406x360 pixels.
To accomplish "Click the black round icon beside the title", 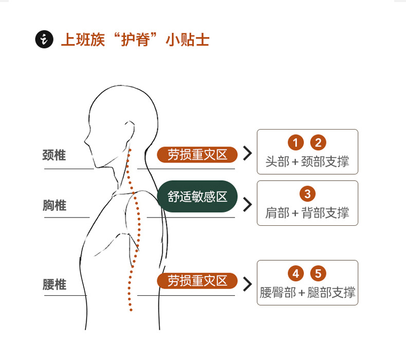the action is click(45, 40).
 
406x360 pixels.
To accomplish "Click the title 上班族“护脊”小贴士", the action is click(135, 40).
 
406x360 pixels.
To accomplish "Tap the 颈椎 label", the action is click(54, 155).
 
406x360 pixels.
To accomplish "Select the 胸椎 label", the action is click(54, 206).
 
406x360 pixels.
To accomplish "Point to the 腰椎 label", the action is click(54, 284).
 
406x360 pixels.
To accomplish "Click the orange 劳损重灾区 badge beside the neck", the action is click(197, 154).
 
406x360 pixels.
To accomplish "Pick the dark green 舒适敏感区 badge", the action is click(197, 196).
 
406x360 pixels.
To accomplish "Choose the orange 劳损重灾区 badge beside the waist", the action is click(197, 281).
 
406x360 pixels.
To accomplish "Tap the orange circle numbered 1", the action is click(296, 142).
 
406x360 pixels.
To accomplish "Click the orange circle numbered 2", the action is click(319, 142).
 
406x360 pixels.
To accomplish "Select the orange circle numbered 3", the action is click(307, 194).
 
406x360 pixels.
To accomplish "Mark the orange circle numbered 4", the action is click(296, 273).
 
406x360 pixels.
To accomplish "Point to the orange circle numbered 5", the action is click(319, 273).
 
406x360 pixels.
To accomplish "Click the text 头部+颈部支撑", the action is click(307, 161).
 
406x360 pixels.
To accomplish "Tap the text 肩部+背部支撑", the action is click(307, 213).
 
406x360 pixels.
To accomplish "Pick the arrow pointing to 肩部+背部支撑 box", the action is click(248, 204).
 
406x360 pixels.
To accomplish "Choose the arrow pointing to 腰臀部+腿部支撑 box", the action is click(248, 284).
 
